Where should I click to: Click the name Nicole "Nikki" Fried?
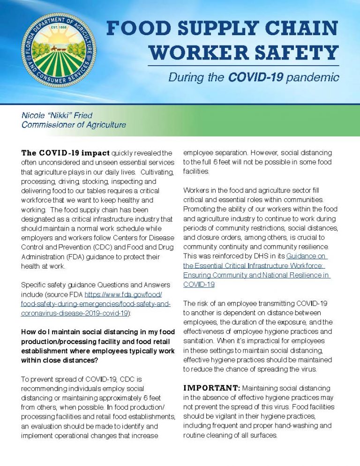click(57, 115)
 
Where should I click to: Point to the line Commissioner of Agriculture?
click(74, 125)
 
